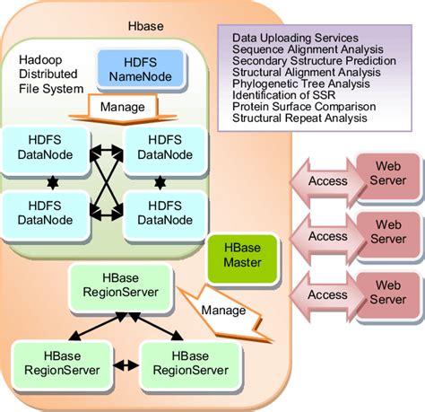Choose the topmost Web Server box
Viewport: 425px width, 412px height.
point(388,172)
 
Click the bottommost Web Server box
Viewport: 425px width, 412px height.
point(388,287)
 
